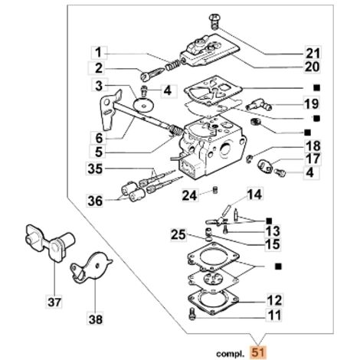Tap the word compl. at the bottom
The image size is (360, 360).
(x=230, y=354)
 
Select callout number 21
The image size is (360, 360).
(x=313, y=53)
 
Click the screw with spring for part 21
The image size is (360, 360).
(x=214, y=21)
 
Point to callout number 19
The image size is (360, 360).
(x=312, y=103)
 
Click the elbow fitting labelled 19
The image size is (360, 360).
(x=259, y=104)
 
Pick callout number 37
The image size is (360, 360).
(x=54, y=302)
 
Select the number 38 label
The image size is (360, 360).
(x=95, y=319)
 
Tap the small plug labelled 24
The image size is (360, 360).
(x=215, y=190)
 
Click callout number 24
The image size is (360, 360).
(x=190, y=195)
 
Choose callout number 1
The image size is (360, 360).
(x=98, y=53)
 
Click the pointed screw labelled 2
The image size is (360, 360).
(x=153, y=73)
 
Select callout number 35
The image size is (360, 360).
(x=95, y=169)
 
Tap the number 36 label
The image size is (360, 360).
(x=95, y=201)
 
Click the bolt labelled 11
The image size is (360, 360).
(x=191, y=314)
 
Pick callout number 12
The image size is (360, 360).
(x=274, y=300)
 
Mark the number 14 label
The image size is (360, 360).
(x=254, y=195)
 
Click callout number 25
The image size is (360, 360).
(x=178, y=234)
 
